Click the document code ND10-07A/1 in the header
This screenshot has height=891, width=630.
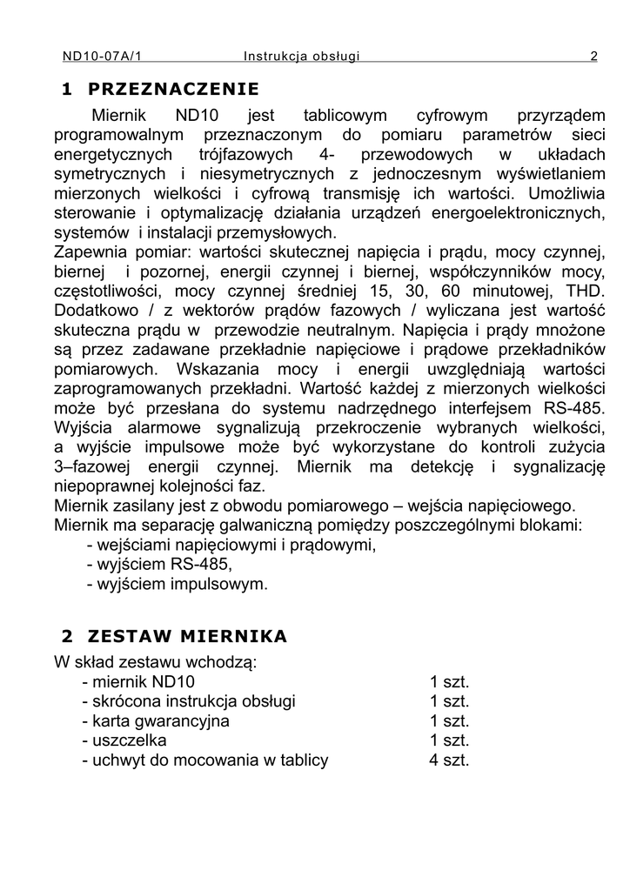click(x=101, y=57)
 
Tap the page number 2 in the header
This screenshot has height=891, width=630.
click(x=593, y=57)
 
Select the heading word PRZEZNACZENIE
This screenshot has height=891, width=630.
click(x=174, y=89)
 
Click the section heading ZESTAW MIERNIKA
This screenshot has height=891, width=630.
click(x=187, y=636)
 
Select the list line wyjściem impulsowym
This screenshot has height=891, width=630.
click(x=178, y=584)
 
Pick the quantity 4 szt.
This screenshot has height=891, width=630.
click(x=449, y=760)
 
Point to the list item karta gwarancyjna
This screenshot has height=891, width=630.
click(x=156, y=720)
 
